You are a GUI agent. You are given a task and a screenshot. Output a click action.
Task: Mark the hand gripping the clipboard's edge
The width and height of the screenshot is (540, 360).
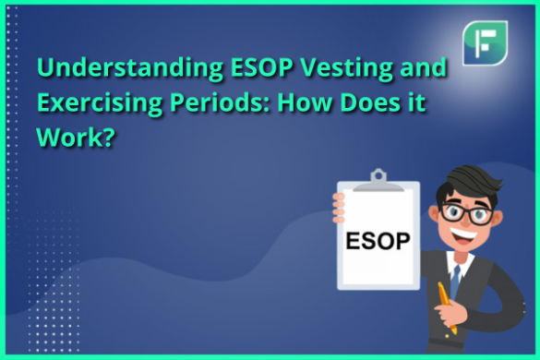pos(339,201)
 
